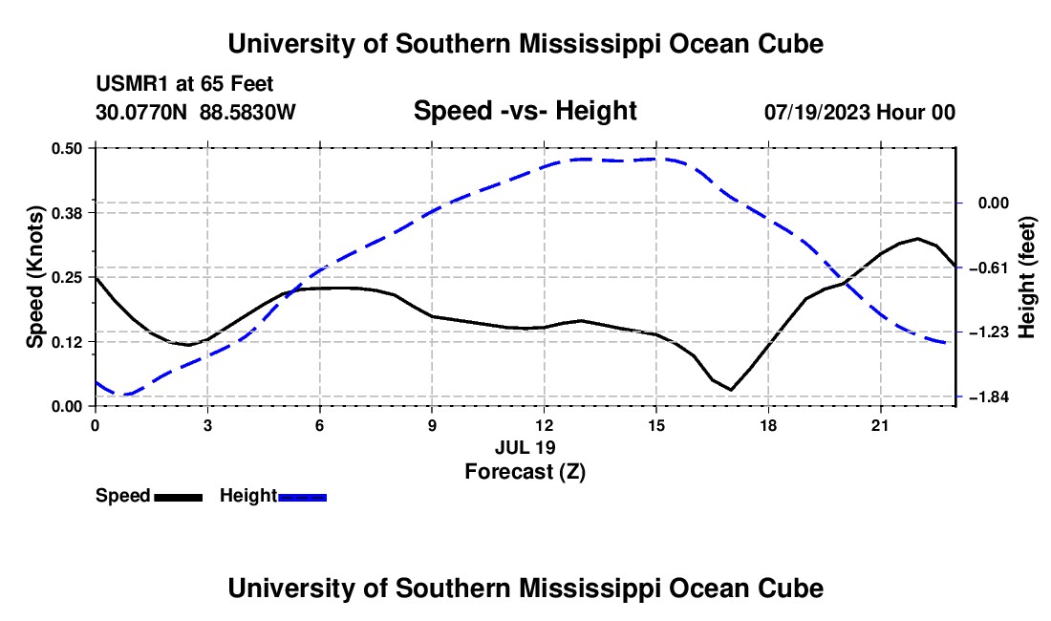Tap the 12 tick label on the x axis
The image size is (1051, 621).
point(545,425)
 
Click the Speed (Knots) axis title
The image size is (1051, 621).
point(34,277)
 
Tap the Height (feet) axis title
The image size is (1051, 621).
point(1027,277)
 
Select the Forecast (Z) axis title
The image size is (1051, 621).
point(525,472)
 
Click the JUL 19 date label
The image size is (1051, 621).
point(525,447)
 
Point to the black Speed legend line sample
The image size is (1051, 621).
point(179,498)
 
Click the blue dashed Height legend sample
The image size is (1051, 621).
point(302,498)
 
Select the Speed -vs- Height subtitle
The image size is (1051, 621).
point(525,111)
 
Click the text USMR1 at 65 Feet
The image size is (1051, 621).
point(184,84)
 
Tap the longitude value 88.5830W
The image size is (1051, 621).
point(247,112)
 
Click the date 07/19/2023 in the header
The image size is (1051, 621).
point(818,112)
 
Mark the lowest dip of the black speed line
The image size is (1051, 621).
point(731,389)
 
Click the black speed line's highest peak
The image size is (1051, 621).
point(917,239)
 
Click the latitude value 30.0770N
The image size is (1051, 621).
point(141,112)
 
